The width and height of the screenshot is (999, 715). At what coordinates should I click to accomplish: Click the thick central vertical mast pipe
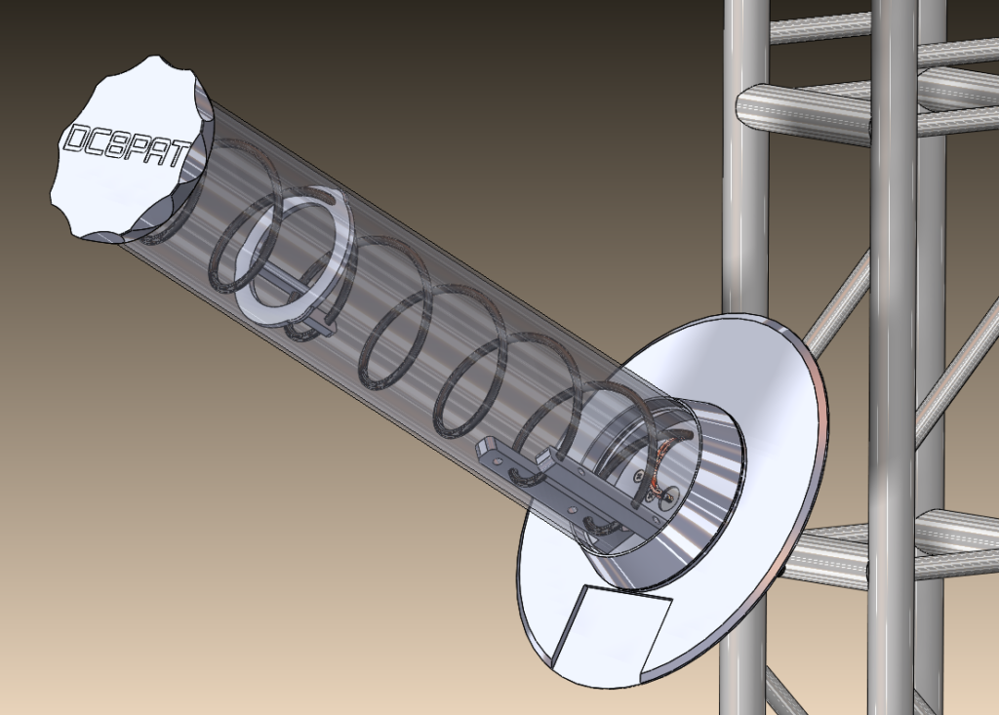(894, 293)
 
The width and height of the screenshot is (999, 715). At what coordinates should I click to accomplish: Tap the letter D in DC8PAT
(73, 140)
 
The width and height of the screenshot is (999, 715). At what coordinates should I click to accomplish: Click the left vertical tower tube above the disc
(747, 195)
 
